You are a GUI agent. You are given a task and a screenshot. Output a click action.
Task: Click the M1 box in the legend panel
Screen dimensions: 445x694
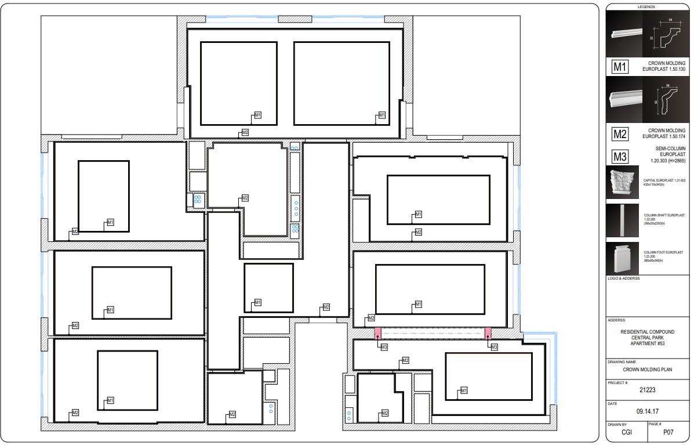coord(620,67)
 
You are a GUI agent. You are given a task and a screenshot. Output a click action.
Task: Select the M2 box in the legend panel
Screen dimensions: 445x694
coord(620,135)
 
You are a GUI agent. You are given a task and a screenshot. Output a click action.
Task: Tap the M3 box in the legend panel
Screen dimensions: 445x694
coord(620,157)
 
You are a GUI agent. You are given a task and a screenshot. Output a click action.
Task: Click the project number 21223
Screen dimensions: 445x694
coord(646,390)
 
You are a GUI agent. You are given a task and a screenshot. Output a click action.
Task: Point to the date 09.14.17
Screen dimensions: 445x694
coord(646,411)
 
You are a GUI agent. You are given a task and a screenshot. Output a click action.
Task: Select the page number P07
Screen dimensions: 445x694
coord(668,432)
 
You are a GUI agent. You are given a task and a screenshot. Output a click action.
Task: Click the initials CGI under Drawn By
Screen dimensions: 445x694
coord(627,432)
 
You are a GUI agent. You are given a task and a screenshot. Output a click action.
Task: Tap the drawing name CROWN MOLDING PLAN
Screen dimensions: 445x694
coord(646,369)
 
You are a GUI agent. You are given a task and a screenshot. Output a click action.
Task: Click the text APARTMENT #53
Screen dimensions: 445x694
coord(646,343)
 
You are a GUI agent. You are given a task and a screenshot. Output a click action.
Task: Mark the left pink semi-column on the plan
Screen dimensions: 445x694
coord(377,334)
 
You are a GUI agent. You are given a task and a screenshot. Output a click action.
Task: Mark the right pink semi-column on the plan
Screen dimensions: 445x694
coord(488,334)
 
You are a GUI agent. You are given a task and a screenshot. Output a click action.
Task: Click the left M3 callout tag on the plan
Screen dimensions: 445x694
coord(383,347)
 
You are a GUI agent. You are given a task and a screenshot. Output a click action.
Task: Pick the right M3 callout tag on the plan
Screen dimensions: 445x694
coord(494,347)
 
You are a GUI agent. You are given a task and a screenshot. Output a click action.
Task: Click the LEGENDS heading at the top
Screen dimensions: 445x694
coord(646,7)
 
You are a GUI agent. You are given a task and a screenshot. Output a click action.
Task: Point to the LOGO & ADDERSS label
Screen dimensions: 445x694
coord(624,279)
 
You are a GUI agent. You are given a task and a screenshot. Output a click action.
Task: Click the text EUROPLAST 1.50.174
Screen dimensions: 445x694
coord(664,137)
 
